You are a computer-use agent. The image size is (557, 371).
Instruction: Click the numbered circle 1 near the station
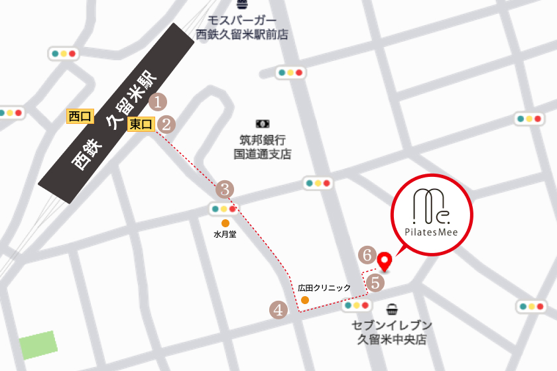(x=158, y=102)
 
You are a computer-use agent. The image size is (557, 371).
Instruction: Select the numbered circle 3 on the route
(x=225, y=189)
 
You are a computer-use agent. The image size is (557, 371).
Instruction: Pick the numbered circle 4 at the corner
(x=278, y=309)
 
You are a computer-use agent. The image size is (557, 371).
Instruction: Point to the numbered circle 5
(x=375, y=283)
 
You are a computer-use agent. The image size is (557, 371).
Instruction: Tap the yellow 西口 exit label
(x=80, y=117)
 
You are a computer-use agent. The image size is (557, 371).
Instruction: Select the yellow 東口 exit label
(x=141, y=124)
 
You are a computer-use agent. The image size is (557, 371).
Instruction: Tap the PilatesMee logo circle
(x=431, y=214)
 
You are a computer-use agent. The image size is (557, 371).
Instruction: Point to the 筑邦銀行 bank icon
(x=263, y=123)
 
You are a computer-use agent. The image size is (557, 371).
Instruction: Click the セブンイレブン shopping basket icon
(x=393, y=309)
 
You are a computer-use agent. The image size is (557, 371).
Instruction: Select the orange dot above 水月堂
(x=225, y=223)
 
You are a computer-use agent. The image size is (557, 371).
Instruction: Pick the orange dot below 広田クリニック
(x=304, y=300)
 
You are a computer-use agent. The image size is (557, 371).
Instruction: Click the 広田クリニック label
(x=324, y=288)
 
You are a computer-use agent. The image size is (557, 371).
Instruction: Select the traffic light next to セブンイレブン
(x=356, y=306)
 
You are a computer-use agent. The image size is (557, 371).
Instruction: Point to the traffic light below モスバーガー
(x=290, y=72)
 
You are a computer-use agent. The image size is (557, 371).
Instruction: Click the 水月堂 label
(x=225, y=235)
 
